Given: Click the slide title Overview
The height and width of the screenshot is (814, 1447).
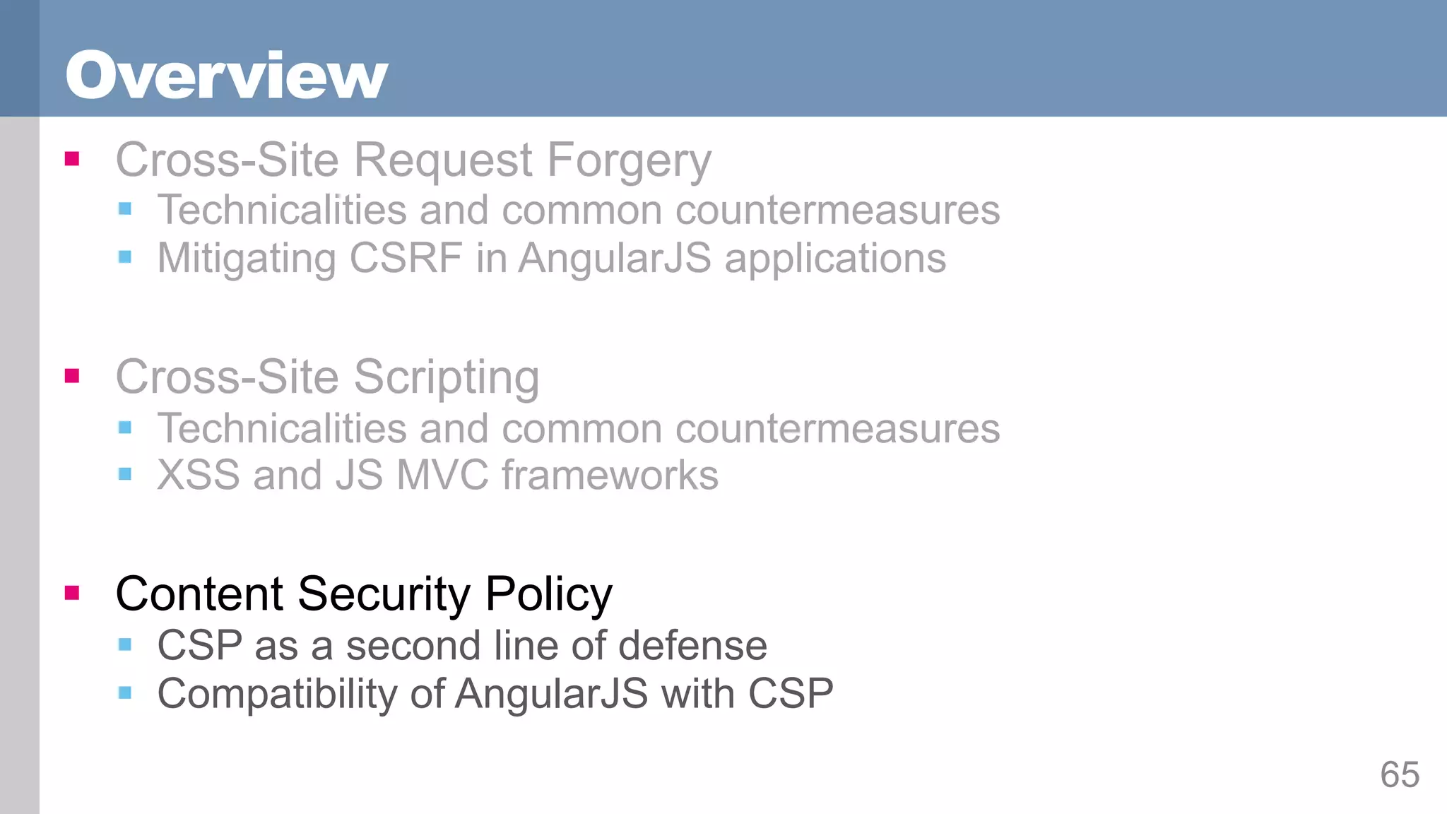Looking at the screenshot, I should [227, 76].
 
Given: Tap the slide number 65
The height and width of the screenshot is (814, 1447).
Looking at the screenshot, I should [1399, 775].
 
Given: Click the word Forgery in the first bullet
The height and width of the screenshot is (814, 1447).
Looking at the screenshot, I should [629, 161].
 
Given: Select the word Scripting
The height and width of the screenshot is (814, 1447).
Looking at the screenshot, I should [447, 378].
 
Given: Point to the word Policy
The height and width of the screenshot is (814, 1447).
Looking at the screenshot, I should [549, 594].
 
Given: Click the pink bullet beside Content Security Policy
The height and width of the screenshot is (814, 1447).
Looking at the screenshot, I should [72, 592].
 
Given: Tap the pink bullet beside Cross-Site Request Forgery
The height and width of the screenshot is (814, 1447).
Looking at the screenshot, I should [72, 158].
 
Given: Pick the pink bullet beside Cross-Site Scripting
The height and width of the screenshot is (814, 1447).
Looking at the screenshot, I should [72, 375].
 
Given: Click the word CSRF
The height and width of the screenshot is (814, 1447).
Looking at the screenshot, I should [406, 258].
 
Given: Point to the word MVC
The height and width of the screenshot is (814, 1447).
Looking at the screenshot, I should [442, 475].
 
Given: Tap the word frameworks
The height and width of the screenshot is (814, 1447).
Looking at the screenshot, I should [610, 475].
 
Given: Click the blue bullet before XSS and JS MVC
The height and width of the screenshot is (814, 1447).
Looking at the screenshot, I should [125, 474].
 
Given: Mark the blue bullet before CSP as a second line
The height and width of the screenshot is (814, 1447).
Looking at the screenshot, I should [125, 644].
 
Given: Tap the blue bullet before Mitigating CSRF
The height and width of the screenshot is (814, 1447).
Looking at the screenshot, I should [125, 256].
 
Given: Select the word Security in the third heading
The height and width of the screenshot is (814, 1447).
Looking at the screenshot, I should [384, 594].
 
